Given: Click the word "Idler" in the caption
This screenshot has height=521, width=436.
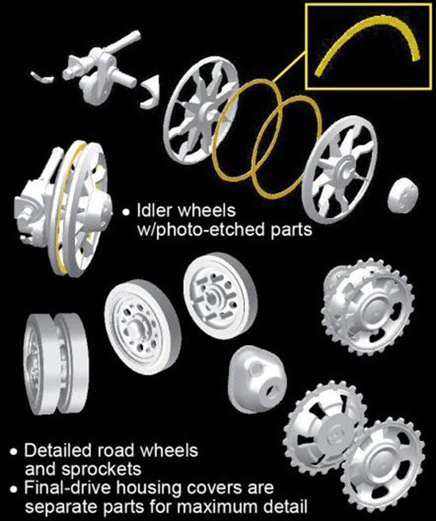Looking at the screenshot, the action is coord(155,210).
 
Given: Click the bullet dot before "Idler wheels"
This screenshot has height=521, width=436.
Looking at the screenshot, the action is coord(125,212).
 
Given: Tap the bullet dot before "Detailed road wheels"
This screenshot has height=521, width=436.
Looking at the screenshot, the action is coord(13,452).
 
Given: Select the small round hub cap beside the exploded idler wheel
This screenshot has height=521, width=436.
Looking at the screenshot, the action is coord(402,195).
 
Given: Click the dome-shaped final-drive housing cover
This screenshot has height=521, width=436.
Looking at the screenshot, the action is coord(257,379).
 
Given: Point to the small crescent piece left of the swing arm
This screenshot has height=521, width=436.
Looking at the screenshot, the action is coord(42,77).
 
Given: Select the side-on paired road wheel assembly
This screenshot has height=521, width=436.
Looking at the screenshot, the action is coord(55,364).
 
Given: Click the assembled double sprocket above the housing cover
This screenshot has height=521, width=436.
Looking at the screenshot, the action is coord(368,307).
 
